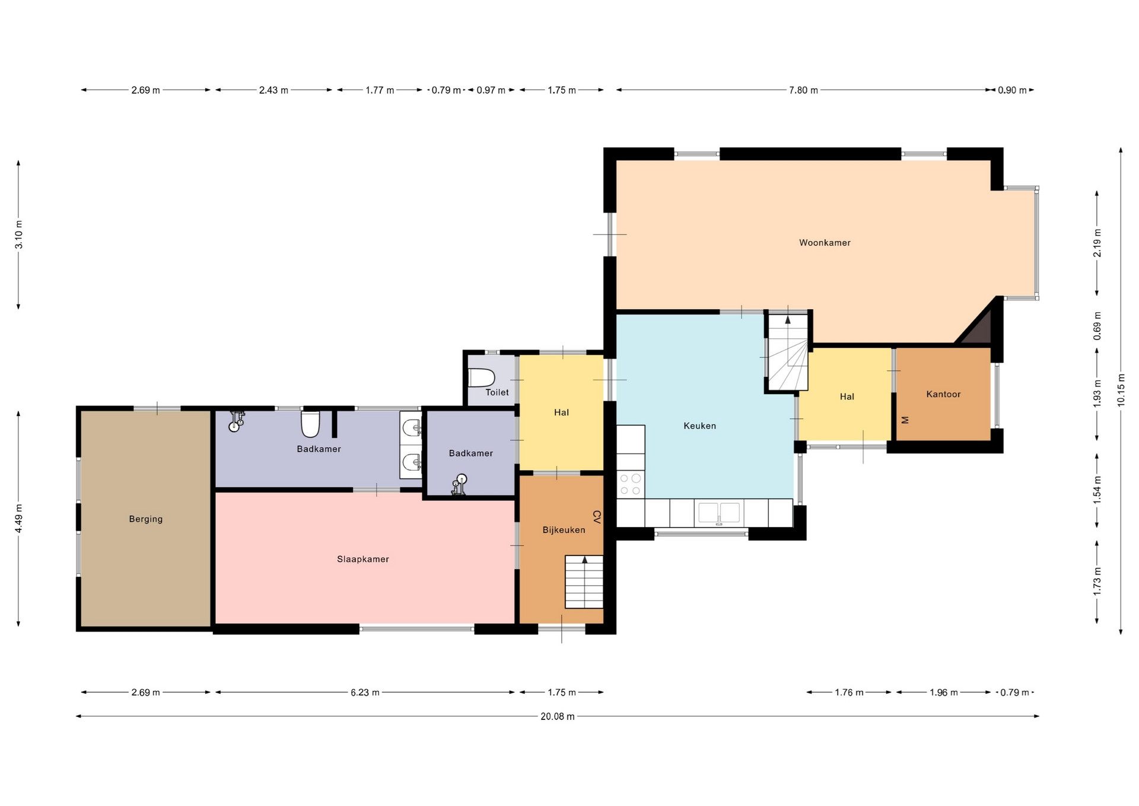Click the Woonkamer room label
(825, 243)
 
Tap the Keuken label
(699, 426)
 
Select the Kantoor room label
(943, 394)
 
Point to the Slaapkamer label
(363, 559)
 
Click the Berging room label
(145, 519)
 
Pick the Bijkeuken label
(564, 530)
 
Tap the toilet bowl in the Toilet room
(481, 377)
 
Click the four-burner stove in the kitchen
(631, 484)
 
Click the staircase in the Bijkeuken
(584, 582)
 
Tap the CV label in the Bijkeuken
(597, 517)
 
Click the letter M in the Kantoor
(905, 420)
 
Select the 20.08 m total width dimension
(558, 716)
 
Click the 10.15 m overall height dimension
(1121, 391)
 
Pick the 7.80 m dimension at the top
(803, 90)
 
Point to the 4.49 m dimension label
(19, 518)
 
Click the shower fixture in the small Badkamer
(459, 484)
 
